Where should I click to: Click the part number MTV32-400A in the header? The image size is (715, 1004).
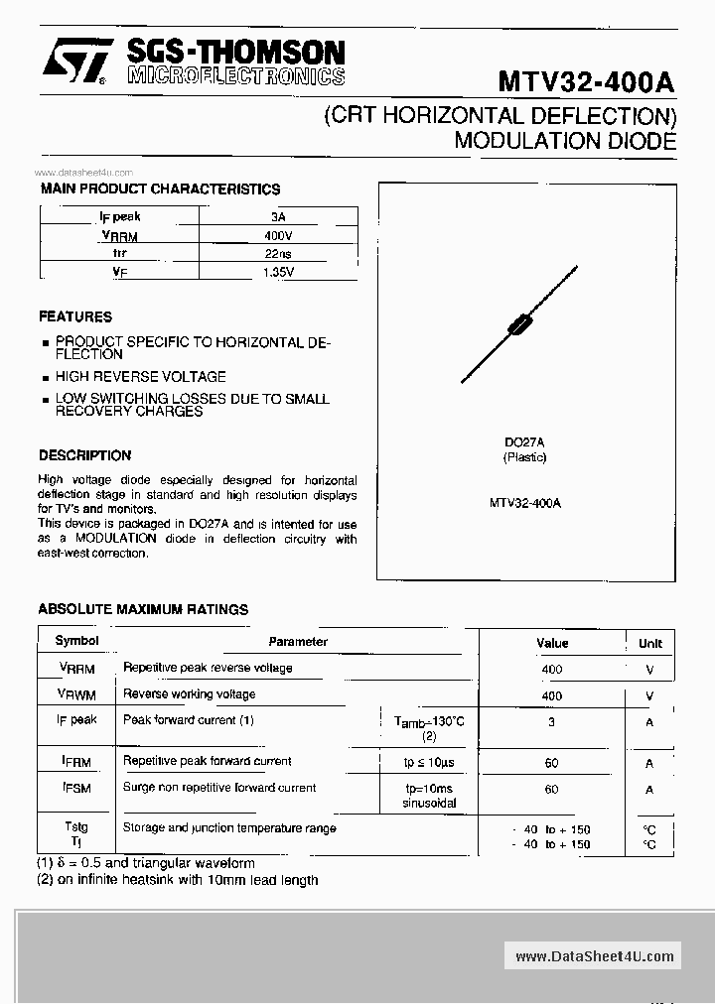coord(586,81)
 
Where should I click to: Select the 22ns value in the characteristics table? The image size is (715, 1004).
coord(279,253)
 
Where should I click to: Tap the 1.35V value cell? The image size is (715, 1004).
coord(279,272)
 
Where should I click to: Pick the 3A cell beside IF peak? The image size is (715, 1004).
coord(279,216)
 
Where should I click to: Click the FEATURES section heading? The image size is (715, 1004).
coord(75,317)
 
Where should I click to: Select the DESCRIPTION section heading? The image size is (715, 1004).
coord(84,455)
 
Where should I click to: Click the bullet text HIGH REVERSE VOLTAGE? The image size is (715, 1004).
coord(140,377)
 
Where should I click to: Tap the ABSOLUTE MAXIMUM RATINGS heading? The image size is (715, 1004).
coord(143,609)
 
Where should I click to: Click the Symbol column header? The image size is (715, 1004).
coord(76,641)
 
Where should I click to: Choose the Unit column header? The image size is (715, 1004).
coord(649,643)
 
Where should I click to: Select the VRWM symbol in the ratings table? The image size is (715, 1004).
coord(76,694)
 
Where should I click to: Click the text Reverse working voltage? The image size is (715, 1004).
coord(189,694)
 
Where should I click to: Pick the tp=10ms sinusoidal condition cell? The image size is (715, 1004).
coord(428,795)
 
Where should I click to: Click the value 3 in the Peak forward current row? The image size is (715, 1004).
coord(551,722)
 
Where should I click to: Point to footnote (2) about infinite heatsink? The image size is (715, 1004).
coord(178,880)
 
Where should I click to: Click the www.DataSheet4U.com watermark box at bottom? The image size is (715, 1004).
coord(595,956)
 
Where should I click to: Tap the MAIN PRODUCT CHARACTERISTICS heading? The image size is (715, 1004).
coord(160,188)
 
